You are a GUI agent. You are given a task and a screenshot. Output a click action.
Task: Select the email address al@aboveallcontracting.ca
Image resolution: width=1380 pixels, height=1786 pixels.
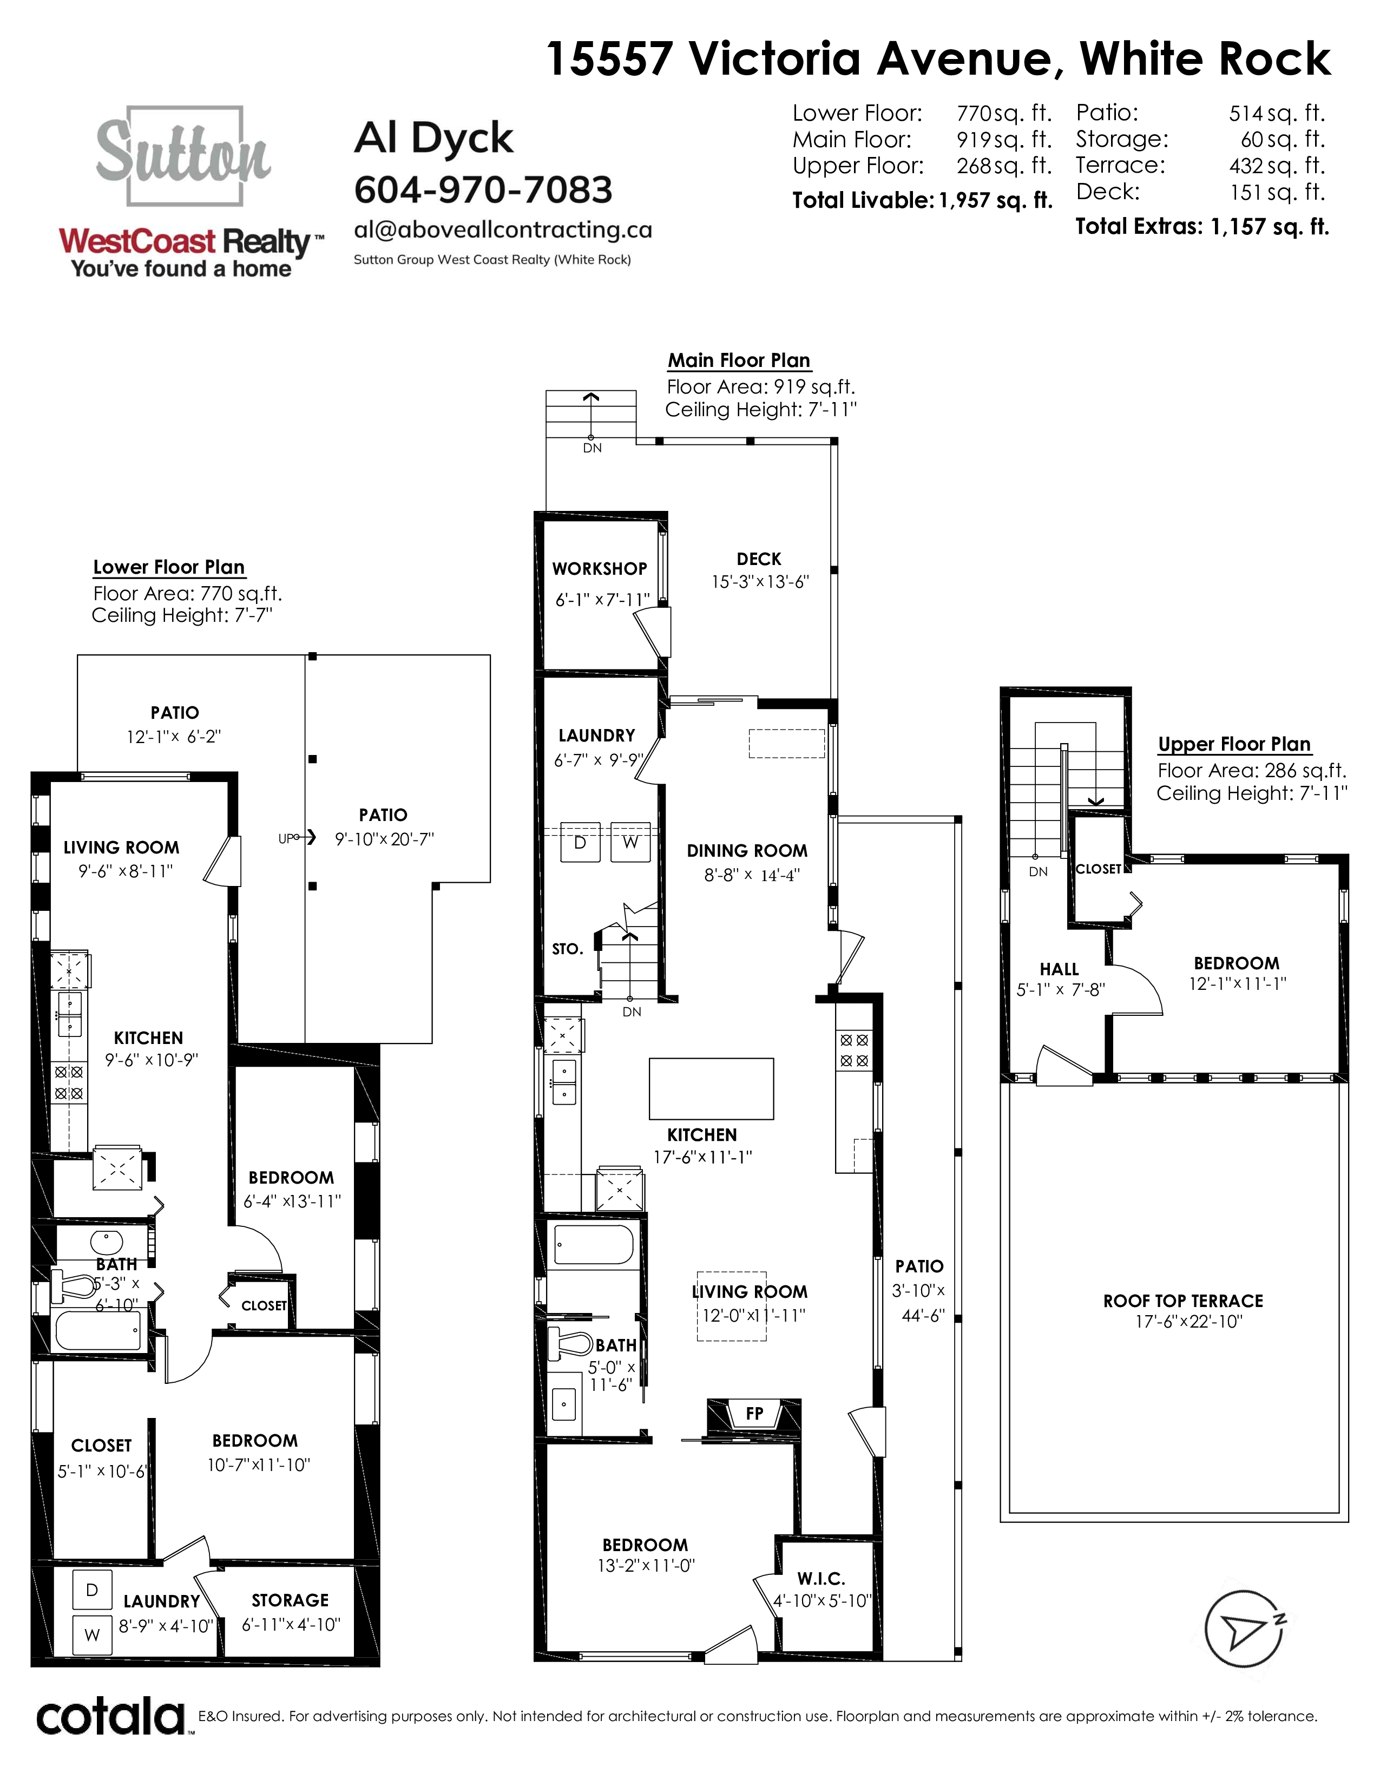[503, 230]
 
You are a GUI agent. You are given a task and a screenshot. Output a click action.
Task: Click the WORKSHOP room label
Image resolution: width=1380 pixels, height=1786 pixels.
[599, 568]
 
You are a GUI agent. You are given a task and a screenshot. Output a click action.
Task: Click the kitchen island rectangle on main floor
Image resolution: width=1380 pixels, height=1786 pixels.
[711, 1088]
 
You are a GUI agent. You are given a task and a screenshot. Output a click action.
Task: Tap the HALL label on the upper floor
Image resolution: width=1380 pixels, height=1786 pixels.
[1059, 969]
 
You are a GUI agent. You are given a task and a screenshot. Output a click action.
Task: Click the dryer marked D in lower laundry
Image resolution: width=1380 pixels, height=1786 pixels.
[93, 1590]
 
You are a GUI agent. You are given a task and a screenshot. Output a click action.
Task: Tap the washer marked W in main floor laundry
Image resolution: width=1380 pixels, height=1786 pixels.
[630, 842]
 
